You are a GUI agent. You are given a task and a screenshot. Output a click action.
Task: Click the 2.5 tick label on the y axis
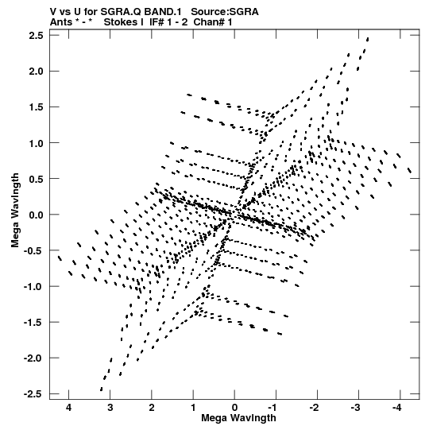37,36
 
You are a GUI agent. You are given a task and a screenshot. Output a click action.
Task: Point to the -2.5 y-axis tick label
33,394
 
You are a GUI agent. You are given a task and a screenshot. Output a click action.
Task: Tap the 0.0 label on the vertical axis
37,215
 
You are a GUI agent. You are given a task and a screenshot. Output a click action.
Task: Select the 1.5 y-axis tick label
37,107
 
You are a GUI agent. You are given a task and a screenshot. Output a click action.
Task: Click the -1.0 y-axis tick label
33,287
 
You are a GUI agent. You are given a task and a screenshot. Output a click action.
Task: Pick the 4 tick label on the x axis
68,408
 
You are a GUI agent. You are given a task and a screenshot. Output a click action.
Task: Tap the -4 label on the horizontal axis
396,408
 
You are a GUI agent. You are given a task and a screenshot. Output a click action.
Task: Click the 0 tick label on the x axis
234,408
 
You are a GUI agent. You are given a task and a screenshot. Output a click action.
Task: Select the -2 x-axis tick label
314,408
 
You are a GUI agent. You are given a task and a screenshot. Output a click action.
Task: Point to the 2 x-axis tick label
152,408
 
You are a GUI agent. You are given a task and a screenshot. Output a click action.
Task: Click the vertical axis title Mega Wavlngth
15,211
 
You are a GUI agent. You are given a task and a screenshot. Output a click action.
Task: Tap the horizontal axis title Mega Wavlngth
238,418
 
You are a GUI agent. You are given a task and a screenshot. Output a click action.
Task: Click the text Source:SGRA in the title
225,12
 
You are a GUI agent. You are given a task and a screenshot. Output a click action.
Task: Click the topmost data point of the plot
368,39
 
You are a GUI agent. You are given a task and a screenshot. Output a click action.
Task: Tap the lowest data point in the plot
102,389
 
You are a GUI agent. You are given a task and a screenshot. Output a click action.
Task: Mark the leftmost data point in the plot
60,258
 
